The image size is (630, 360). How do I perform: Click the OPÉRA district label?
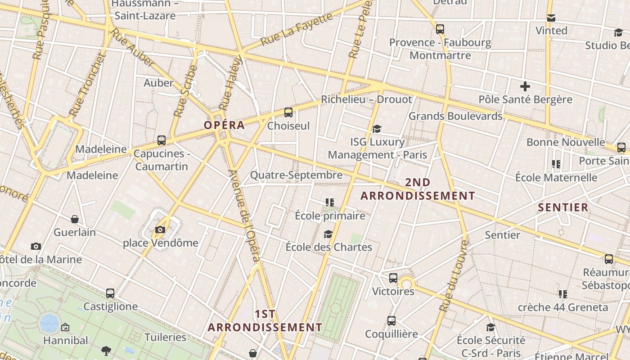224,125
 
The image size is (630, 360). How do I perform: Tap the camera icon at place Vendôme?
160,230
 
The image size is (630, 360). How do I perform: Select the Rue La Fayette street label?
297,30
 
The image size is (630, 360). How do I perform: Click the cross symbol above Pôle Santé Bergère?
525,86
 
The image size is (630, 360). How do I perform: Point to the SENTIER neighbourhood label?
563,207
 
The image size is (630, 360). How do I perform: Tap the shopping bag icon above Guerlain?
75,219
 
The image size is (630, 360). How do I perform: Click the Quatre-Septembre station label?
296,175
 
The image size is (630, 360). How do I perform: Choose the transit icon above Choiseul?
288,112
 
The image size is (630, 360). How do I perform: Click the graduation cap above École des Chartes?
328,234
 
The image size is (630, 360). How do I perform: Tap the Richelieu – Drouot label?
366,99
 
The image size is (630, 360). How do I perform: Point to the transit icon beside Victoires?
393,278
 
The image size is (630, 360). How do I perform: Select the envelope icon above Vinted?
551,18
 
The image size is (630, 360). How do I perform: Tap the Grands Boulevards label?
455,116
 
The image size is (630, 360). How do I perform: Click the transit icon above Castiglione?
110,293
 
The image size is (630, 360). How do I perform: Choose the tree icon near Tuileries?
106,351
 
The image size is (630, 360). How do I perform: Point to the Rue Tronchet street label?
87,84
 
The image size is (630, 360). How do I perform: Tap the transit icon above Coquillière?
391,321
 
